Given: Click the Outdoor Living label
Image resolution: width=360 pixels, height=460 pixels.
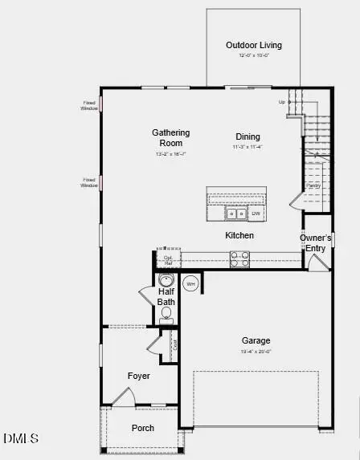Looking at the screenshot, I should (253, 46).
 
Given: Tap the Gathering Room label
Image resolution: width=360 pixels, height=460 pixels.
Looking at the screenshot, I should (171, 137).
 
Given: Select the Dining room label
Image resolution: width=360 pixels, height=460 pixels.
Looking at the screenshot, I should (247, 136).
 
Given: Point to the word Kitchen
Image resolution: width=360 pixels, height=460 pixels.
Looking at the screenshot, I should (239, 235).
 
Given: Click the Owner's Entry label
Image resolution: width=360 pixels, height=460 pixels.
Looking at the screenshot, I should (316, 243).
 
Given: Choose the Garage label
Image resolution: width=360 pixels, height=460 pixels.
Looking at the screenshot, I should (256, 340).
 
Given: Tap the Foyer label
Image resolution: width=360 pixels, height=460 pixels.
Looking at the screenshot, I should (139, 376).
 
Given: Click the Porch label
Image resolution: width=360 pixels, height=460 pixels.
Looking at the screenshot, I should (143, 428).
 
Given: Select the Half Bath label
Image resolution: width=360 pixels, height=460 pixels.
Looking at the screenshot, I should (166, 297).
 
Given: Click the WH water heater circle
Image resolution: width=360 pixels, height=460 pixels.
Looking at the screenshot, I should (191, 283).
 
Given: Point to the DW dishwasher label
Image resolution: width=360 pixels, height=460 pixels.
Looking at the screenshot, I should (256, 214).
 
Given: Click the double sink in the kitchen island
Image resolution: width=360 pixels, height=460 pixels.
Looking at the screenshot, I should (236, 214).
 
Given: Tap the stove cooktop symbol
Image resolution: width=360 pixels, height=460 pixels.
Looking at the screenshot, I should (240, 258).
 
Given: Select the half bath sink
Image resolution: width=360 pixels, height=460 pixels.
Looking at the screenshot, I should (166, 280).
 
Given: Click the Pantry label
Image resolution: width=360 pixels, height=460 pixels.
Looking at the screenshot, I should (313, 186).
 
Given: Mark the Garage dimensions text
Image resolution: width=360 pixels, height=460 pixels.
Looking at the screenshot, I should (256, 352).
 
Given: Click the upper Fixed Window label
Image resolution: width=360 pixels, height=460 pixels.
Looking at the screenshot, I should (88, 105).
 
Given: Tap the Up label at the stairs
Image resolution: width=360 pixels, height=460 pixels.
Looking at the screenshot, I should (281, 102).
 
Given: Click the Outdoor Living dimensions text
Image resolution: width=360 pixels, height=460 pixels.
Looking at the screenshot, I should (253, 56).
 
